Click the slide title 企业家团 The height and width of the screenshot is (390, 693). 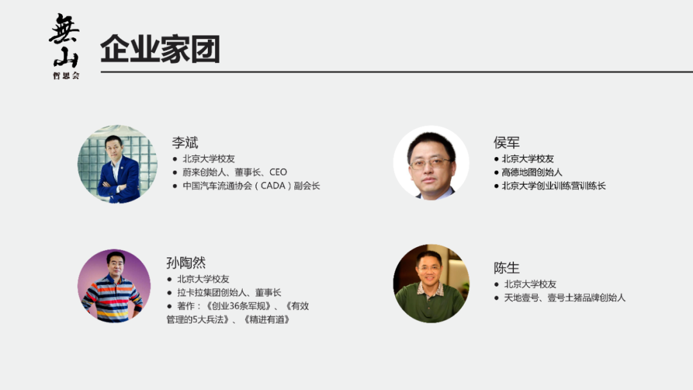[x=160, y=49]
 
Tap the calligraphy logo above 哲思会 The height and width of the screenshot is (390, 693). [x=64, y=40]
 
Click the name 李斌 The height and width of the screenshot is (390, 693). [x=185, y=142]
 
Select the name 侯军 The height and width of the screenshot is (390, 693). [x=506, y=142]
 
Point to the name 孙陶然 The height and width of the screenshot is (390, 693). [x=185, y=263]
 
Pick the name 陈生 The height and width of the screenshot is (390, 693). [x=506, y=267]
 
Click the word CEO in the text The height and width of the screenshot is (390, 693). [x=278, y=172]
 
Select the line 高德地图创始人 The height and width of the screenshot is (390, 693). [x=532, y=173]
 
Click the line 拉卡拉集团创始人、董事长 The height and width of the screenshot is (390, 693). [x=229, y=292]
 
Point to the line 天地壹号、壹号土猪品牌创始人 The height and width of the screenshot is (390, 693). [x=564, y=298]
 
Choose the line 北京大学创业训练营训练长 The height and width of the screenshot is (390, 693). [x=554, y=186]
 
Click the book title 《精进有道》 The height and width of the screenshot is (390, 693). [x=266, y=319]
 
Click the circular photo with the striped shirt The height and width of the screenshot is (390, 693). [x=114, y=286]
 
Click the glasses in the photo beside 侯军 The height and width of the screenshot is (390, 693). [x=430, y=163]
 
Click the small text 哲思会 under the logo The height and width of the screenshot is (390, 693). [x=66, y=76]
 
